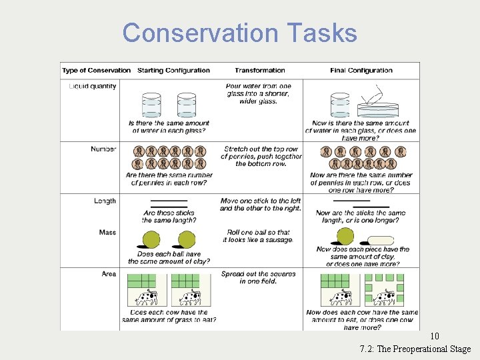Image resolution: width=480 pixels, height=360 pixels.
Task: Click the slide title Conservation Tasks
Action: [239, 33]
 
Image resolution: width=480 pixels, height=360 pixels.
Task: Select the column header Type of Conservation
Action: [96, 71]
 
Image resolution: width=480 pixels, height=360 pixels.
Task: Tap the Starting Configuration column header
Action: [173, 71]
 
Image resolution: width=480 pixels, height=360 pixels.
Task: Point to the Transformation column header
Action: [260, 71]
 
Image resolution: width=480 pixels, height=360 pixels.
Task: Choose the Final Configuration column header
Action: [361, 71]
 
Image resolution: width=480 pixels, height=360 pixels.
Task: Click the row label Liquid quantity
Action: [93, 86]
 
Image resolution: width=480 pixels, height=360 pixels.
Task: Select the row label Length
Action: [105, 201]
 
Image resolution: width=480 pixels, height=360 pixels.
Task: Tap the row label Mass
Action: [107, 233]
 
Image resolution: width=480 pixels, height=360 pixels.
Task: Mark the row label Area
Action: [109, 274]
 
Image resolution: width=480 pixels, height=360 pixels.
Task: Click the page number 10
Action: [435, 337]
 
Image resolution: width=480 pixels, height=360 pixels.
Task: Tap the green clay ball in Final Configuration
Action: [345, 236]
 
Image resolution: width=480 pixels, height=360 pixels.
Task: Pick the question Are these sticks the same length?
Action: [169, 217]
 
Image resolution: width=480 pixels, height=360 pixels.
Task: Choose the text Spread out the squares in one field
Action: [258, 277]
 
